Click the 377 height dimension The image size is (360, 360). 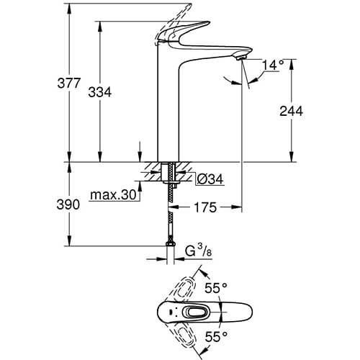click(68, 84)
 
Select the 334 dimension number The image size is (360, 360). click(100, 92)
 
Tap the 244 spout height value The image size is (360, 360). click(291, 111)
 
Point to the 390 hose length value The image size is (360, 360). click(68, 204)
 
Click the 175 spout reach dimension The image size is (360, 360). click(205, 207)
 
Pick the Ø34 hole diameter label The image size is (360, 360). click(210, 179)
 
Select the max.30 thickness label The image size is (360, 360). click(113, 195)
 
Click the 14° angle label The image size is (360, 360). click(273, 65)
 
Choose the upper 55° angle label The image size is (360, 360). click(216, 288)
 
